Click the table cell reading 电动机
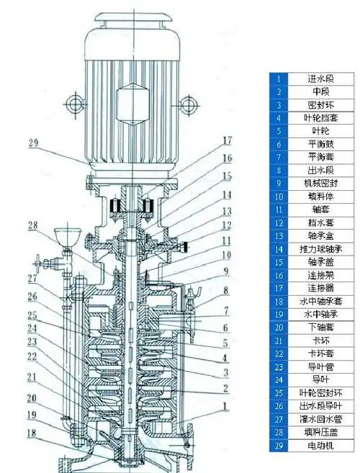pyautogui.click(x=318, y=446)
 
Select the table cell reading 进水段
pyautogui.click(x=318, y=78)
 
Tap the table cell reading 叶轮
pyautogui.click(x=318, y=131)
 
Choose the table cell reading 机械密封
pyautogui.click(x=318, y=184)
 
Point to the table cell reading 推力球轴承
pyautogui.click(x=318, y=249)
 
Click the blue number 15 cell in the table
pyautogui.click(x=278, y=262)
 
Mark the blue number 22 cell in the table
pyautogui.click(x=278, y=354)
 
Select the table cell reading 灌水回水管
pyautogui.click(x=318, y=420)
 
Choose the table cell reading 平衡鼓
pyautogui.click(x=318, y=144)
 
